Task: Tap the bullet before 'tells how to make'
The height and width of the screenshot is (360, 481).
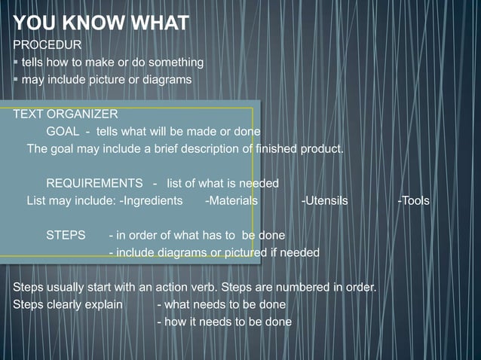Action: coord(16,62)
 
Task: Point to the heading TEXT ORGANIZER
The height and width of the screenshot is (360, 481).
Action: coord(65,114)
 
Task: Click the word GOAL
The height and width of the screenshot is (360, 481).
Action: coord(63,131)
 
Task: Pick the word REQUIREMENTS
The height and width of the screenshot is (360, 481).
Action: coord(94,183)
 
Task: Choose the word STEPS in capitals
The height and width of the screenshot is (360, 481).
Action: coord(66,235)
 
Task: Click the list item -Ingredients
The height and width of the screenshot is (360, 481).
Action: coord(151,201)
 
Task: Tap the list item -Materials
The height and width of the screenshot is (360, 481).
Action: coord(231,201)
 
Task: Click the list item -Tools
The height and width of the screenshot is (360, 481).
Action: coord(414,201)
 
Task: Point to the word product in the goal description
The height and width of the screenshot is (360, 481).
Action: coord(322,148)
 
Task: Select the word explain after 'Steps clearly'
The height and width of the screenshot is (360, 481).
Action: coord(102,305)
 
